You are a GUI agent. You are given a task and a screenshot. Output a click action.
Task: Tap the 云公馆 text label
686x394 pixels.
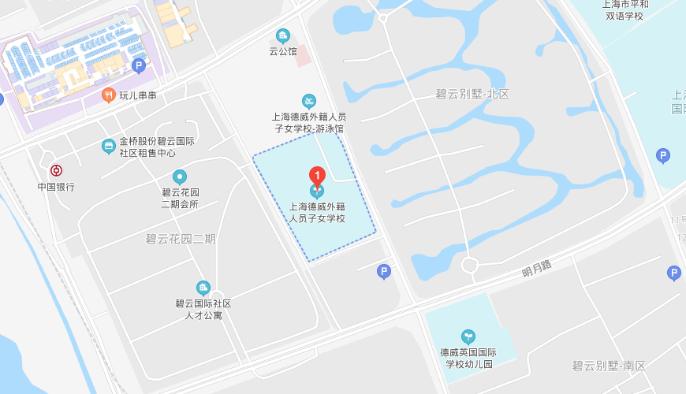[x=283, y=51]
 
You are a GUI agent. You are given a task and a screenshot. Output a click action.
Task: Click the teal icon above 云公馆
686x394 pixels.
[x=283, y=35]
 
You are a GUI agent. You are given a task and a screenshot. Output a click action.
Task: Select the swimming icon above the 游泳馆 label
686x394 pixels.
[x=309, y=101]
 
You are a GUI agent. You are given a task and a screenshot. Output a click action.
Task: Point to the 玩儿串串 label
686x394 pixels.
[x=138, y=96]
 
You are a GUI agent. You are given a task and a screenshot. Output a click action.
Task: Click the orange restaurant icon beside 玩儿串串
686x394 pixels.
[x=109, y=95]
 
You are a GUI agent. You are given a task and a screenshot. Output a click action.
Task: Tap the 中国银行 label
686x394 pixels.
[x=56, y=187]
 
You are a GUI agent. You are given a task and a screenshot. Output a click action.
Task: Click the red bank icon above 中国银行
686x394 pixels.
[x=56, y=170]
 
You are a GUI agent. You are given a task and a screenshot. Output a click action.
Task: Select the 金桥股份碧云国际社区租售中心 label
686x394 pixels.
[x=157, y=147]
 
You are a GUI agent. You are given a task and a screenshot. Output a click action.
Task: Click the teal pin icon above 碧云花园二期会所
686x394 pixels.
[x=180, y=177]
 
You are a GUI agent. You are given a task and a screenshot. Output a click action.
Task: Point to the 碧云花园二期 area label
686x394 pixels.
[x=181, y=239]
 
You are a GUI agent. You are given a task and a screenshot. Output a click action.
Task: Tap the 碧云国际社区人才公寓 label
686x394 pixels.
[x=203, y=309]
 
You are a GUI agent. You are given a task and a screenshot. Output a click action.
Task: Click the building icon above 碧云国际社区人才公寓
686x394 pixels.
[x=203, y=288]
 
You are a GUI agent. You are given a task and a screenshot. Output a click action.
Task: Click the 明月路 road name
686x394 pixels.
[x=537, y=269]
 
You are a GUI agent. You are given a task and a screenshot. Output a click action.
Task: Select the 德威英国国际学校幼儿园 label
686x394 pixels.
[x=468, y=359]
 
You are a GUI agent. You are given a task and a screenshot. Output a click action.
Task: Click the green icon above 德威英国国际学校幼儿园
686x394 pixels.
[x=468, y=336]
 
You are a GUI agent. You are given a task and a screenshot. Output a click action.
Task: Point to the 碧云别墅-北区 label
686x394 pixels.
[x=472, y=94]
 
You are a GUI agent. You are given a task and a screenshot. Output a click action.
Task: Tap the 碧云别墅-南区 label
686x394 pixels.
[x=609, y=366]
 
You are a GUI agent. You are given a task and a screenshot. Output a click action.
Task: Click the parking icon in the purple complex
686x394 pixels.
[x=139, y=66]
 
